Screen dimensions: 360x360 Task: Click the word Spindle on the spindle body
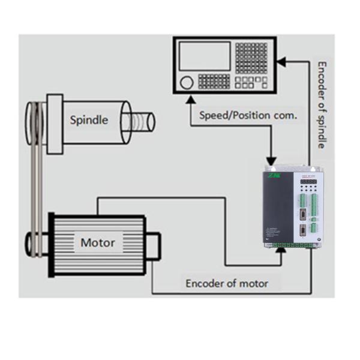89,119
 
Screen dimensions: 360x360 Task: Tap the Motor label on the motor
97,243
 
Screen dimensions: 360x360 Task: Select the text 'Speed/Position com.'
248,115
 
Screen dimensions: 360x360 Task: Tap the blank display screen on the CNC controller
205,55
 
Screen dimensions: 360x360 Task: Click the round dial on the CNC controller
187,82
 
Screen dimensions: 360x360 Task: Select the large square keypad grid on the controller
250,57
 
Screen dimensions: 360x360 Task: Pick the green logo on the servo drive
274,176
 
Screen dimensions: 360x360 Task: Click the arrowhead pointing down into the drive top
270,163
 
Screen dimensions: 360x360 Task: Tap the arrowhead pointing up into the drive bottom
278,250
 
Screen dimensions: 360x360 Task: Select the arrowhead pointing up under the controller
191,96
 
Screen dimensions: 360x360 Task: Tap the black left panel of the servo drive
278,207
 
